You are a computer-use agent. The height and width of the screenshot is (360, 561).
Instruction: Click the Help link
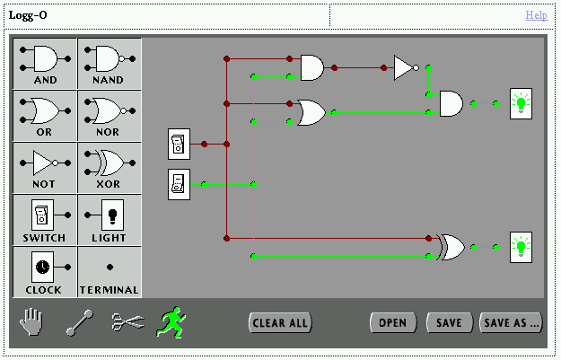click(x=536, y=15)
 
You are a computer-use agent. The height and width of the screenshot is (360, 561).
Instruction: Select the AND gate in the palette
click(x=45, y=62)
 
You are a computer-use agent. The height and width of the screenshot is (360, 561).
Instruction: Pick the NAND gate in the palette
click(x=109, y=62)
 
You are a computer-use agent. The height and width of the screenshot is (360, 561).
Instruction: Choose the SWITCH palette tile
click(x=45, y=218)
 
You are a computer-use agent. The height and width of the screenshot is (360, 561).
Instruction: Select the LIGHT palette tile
click(x=109, y=218)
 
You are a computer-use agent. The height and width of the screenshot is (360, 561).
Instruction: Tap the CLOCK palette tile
click(x=45, y=270)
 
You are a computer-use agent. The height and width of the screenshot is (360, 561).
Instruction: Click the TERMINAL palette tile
click(x=109, y=270)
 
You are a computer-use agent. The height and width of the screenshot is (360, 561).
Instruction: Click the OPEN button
click(x=392, y=323)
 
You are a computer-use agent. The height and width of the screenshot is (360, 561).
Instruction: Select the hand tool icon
click(x=32, y=321)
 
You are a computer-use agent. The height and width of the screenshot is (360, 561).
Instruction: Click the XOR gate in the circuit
click(x=449, y=247)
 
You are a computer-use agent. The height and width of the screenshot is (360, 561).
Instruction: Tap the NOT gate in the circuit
click(x=405, y=67)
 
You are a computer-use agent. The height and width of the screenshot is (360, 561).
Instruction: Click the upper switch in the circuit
click(x=179, y=144)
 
